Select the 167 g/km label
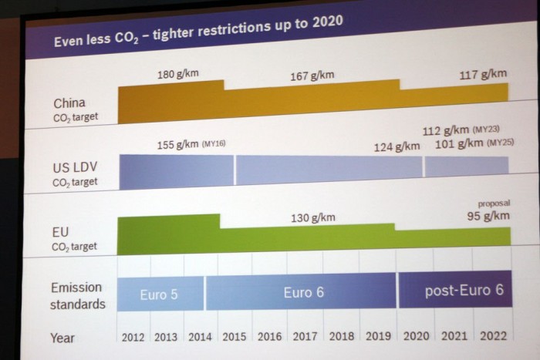pyautogui.click(x=312, y=76)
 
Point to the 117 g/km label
pyautogui.click(x=483, y=75)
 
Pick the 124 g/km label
pyautogui.click(x=397, y=146)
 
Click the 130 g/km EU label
pyautogui.click(x=313, y=217)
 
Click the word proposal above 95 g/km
pyautogui.click(x=494, y=203)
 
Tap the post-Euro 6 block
pyautogui.click(x=464, y=291)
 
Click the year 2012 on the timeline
pyautogui.click(x=133, y=337)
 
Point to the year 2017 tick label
pyautogui.click(x=306, y=337)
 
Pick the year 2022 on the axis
pyautogui.click(x=493, y=336)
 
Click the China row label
pyautogui.click(x=69, y=103)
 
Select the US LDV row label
pyautogui.click(x=74, y=167)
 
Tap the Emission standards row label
pyautogui.click(x=77, y=295)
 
